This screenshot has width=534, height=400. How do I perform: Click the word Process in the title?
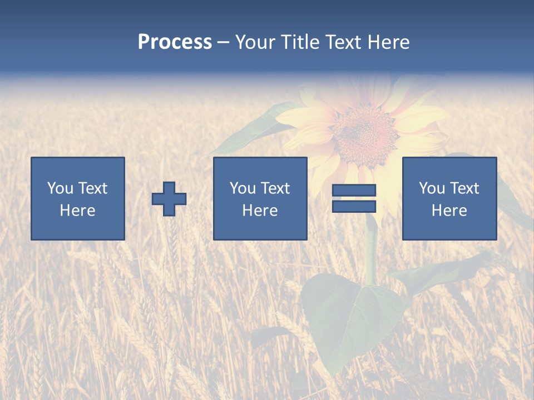(175, 42)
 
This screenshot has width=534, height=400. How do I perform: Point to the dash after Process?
(223, 43)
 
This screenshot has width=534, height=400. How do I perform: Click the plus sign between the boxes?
(169, 198)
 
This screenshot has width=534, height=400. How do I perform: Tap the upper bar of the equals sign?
(354, 190)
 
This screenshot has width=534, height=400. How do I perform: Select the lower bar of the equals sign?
(354, 206)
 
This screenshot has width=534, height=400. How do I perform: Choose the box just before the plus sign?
(77, 198)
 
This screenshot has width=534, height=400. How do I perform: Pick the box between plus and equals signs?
(260, 198)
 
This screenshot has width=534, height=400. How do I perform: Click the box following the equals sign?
(449, 198)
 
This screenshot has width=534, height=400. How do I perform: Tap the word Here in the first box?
(77, 211)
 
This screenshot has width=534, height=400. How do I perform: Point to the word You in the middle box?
(242, 188)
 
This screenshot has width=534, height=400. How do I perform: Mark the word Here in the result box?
(449, 211)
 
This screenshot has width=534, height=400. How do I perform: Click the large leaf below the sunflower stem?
(350, 317)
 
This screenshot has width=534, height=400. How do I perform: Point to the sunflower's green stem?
(370, 250)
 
